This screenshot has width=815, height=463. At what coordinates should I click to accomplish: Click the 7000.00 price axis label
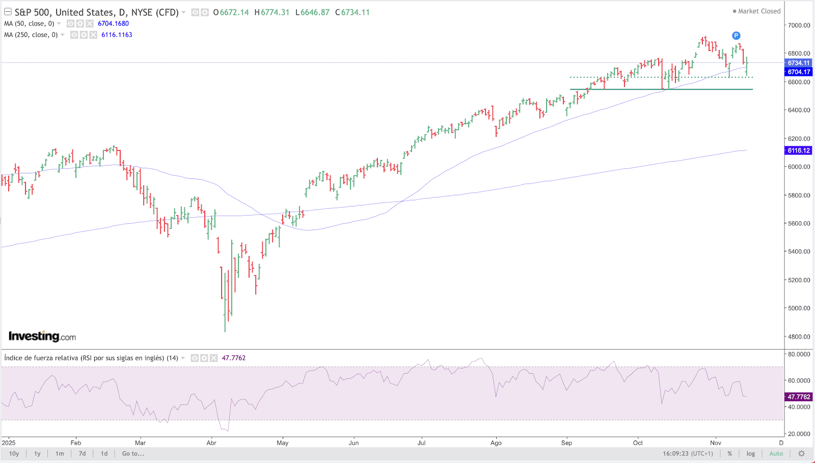pyautogui.click(x=799, y=25)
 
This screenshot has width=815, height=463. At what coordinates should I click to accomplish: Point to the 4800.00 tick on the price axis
pyautogui.click(x=799, y=337)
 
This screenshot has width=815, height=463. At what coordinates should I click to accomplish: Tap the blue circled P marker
pyautogui.click(x=736, y=36)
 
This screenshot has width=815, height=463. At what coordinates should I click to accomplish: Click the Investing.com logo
pyautogui.click(x=42, y=336)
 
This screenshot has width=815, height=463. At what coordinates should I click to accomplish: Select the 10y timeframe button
pyautogui.click(x=14, y=453)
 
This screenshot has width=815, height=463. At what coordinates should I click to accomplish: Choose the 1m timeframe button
pyautogui.click(x=60, y=453)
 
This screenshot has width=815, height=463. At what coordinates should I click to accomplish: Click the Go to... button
pyautogui.click(x=133, y=453)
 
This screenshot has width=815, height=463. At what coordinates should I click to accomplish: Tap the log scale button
pyautogui.click(x=751, y=453)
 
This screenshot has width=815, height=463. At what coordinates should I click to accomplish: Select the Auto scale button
pyautogui.click(x=776, y=453)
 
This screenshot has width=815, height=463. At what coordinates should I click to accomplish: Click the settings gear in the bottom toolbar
pyautogui.click(x=801, y=453)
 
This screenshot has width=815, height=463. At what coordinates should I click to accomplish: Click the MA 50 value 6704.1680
pyautogui.click(x=113, y=23)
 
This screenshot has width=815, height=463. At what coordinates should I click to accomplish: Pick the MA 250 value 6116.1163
pyautogui.click(x=117, y=35)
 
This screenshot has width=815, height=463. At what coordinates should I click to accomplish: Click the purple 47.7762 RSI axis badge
pyautogui.click(x=798, y=397)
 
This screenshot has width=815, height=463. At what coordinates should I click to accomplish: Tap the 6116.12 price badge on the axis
pyautogui.click(x=798, y=150)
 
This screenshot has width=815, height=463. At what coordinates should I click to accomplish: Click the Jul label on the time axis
pyautogui.click(x=421, y=443)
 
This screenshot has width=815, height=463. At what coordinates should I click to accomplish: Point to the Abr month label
pyautogui.click(x=211, y=443)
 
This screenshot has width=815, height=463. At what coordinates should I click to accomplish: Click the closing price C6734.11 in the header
pyautogui.click(x=352, y=12)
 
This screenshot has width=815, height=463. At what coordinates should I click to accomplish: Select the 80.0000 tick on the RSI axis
pyautogui.click(x=799, y=354)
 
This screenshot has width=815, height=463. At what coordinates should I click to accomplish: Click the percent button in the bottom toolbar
pyautogui.click(x=729, y=453)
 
